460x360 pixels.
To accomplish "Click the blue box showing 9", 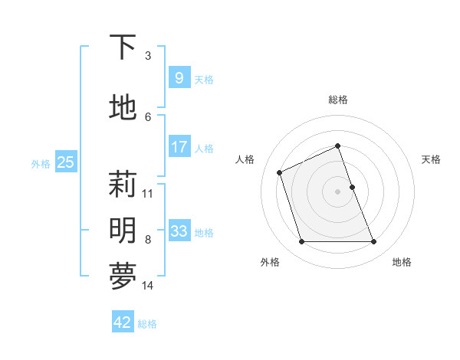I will [x=179, y=78].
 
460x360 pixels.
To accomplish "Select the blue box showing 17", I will [x=179, y=147].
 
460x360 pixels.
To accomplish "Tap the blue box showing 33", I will [x=179, y=231].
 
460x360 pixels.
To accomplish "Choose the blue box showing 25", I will [x=66, y=162].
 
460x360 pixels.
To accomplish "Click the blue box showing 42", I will [x=123, y=322].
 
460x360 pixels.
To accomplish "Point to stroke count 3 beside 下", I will [x=148, y=56].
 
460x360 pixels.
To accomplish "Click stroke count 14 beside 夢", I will [x=148, y=286].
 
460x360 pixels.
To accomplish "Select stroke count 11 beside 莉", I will [x=148, y=193].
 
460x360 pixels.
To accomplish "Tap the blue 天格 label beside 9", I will [x=204, y=79].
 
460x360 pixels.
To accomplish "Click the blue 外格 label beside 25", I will [x=41, y=163].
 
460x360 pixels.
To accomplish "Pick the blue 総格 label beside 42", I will [x=147, y=324].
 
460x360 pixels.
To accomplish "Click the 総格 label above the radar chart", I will [x=338, y=100].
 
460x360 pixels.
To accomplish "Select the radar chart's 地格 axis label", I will [x=402, y=262].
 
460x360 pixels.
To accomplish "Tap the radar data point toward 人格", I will [x=281, y=172].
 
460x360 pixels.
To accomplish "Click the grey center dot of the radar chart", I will [x=338, y=191].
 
